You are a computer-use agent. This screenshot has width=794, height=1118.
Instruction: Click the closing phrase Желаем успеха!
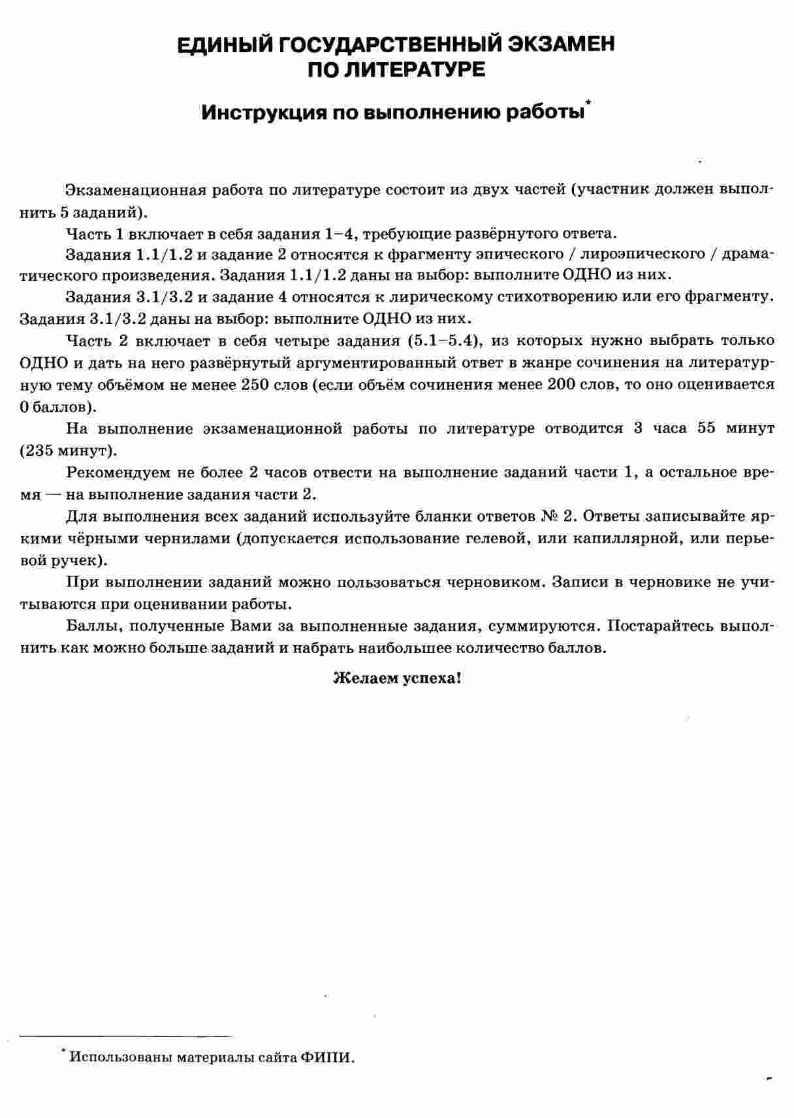(397, 678)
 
